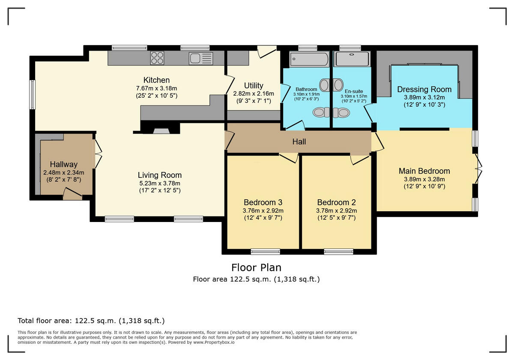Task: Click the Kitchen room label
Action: (x=156, y=80)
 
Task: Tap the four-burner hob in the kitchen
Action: (x=157, y=58)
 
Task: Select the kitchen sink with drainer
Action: (x=200, y=58)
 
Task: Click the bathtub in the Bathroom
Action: (x=309, y=59)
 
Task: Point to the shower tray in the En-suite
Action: (x=352, y=59)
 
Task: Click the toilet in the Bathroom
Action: (x=319, y=112)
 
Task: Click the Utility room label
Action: (x=254, y=85)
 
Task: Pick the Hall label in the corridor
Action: (x=299, y=142)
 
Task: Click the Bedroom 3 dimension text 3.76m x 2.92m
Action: (x=263, y=210)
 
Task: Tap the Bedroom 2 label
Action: (x=336, y=202)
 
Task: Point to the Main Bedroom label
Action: (x=424, y=171)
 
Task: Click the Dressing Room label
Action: (x=424, y=89)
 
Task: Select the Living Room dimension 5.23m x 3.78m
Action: (x=159, y=183)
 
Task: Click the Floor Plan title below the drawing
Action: (x=256, y=267)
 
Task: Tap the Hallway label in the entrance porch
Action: (x=63, y=164)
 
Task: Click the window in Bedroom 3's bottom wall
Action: (x=265, y=251)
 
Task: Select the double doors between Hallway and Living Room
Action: (x=98, y=155)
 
